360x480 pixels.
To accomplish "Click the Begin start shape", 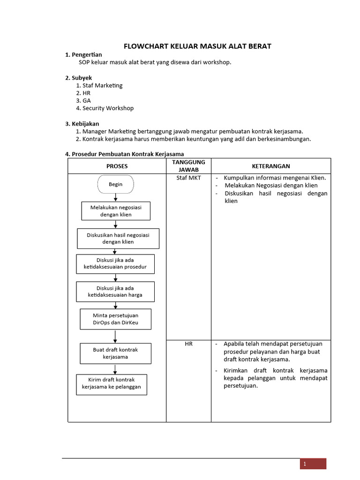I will (x=115, y=184).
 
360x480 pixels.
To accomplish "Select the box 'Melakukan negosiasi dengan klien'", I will (x=116, y=211).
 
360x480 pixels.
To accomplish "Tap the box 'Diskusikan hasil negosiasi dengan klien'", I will (x=118, y=238).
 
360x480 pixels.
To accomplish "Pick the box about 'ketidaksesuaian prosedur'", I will (x=115, y=263).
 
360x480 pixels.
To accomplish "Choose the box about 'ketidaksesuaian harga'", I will (x=115, y=291).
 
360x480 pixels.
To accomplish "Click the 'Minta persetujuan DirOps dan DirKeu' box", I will (x=115, y=319).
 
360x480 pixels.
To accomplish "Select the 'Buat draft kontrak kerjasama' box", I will (x=115, y=353).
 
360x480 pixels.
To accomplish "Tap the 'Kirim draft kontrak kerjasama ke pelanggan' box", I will (x=112, y=384).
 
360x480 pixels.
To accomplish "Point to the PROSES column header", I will (x=117, y=166).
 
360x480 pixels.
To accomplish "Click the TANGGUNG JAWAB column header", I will (x=189, y=166).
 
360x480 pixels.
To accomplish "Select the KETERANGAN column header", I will (x=271, y=166).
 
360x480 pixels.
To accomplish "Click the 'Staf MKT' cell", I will (x=189, y=178).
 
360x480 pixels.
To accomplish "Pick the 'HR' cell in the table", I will (x=189, y=344).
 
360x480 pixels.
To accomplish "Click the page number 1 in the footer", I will (x=305, y=464).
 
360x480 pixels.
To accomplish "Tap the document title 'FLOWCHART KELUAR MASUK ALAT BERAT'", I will (x=197, y=46).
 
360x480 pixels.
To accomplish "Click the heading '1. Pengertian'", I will (x=83, y=55).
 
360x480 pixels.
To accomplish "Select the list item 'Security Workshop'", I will (x=108, y=108).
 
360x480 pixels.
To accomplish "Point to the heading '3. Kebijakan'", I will (x=82, y=124).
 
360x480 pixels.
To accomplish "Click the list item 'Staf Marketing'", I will (x=102, y=85).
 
